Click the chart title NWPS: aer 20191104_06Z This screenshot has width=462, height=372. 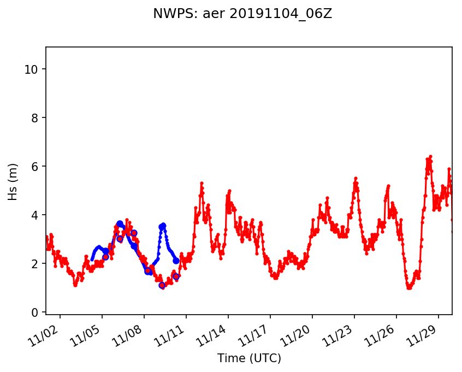tap(242, 14)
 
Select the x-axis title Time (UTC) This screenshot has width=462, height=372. tap(249, 358)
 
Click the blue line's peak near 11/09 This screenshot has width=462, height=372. tap(163, 225)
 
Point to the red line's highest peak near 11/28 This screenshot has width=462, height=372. tap(430, 157)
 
